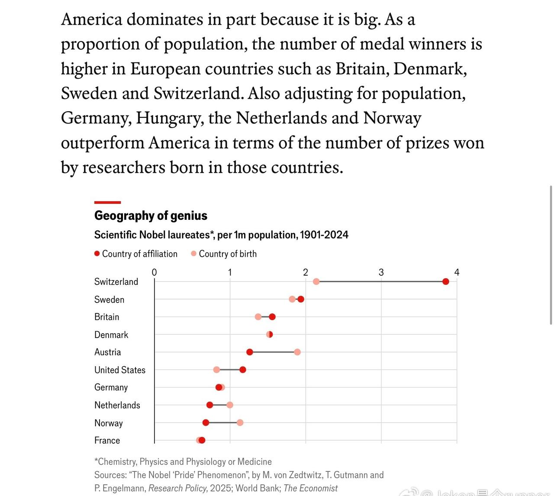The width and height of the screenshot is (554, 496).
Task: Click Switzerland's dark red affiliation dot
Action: [x=445, y=282]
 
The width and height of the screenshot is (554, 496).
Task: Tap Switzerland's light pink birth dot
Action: [x=316, y=282]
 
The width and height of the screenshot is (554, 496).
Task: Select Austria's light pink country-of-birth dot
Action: [x=297, y=352]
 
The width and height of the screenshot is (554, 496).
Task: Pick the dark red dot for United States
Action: [x=242, y=370]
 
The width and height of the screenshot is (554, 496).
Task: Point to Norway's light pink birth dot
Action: [x=240, y=422]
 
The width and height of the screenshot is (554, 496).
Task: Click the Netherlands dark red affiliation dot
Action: [x=209, y=405]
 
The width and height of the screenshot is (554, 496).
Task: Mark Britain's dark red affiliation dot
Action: [x=272, y=317]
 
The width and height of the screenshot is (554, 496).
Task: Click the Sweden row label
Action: [x=109, y=300]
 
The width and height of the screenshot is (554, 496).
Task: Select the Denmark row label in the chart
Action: [x=111, y=335]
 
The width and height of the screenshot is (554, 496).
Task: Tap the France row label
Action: [x=107, y=440]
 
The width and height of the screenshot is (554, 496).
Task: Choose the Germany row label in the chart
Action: [x=111, y=387]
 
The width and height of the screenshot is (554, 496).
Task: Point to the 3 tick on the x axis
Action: [x=381, y=272]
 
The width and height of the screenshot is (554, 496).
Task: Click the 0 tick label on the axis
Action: [x=154, y=272]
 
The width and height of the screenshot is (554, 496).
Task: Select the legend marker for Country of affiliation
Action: [x=97, y=254]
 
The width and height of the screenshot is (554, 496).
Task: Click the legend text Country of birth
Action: [x=228, y=254]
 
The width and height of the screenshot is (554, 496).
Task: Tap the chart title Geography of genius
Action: [x=151, y=216]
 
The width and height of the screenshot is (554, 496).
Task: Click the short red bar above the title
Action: [x=107, y=202]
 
